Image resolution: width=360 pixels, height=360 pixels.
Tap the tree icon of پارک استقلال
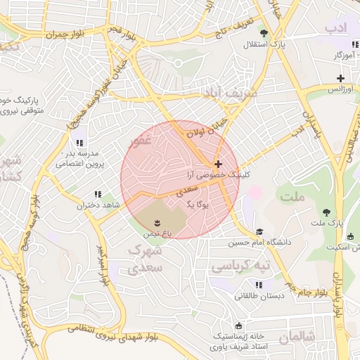[264, 33]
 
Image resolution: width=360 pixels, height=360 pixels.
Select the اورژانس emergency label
[340, 89]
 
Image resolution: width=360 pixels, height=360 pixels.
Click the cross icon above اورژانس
[340, 77]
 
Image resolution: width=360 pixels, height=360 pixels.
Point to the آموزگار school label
[344, 54]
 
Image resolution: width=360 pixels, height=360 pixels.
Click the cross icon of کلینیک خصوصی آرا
[218, 162]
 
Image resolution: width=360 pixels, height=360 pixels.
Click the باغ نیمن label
[157, 231]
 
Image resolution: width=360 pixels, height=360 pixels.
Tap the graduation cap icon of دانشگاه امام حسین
[259, 231]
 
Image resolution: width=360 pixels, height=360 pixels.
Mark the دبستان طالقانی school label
[259, 296]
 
